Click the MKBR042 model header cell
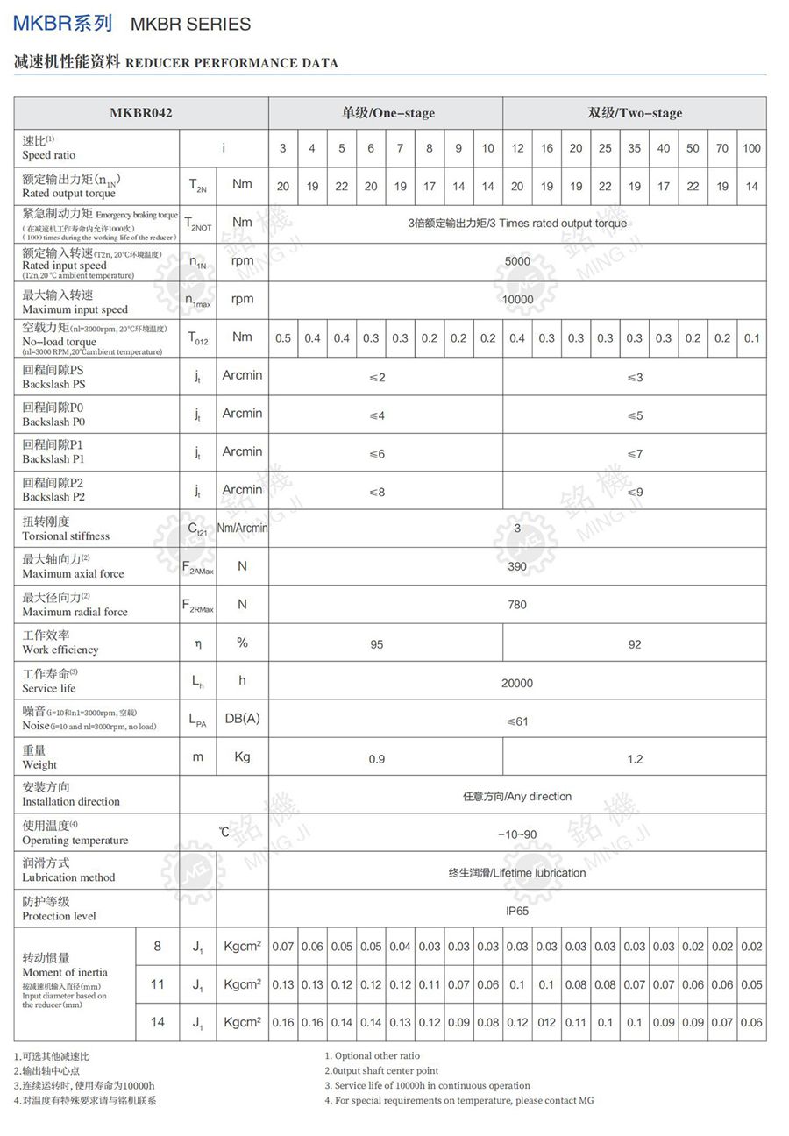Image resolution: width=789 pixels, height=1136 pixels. [141, 113]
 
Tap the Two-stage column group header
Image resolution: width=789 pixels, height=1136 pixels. [635, 113]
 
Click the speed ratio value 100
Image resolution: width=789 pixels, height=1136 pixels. [751, 148]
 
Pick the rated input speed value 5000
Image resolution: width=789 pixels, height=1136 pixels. [517, 261]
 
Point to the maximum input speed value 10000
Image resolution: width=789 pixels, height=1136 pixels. [517, 299]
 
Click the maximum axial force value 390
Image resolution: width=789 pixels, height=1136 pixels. [517, 566]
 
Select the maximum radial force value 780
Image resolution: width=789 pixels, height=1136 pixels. [517, 604]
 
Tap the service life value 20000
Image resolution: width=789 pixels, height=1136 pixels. [517, 683]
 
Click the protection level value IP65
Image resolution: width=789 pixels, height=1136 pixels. [517, 911]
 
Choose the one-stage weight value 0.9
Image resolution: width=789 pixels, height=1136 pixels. [377, 759]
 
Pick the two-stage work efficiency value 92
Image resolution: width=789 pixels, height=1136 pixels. [635, 644]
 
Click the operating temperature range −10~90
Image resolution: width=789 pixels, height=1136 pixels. [517, 834]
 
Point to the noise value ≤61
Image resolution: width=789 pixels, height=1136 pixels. [517, 721]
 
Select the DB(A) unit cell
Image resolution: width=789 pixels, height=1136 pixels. [243, 719]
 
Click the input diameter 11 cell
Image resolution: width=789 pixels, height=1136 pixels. [158, 984]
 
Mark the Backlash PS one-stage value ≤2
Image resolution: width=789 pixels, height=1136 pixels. [377, 378]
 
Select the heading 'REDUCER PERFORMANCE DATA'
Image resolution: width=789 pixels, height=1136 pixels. [231, 63]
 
